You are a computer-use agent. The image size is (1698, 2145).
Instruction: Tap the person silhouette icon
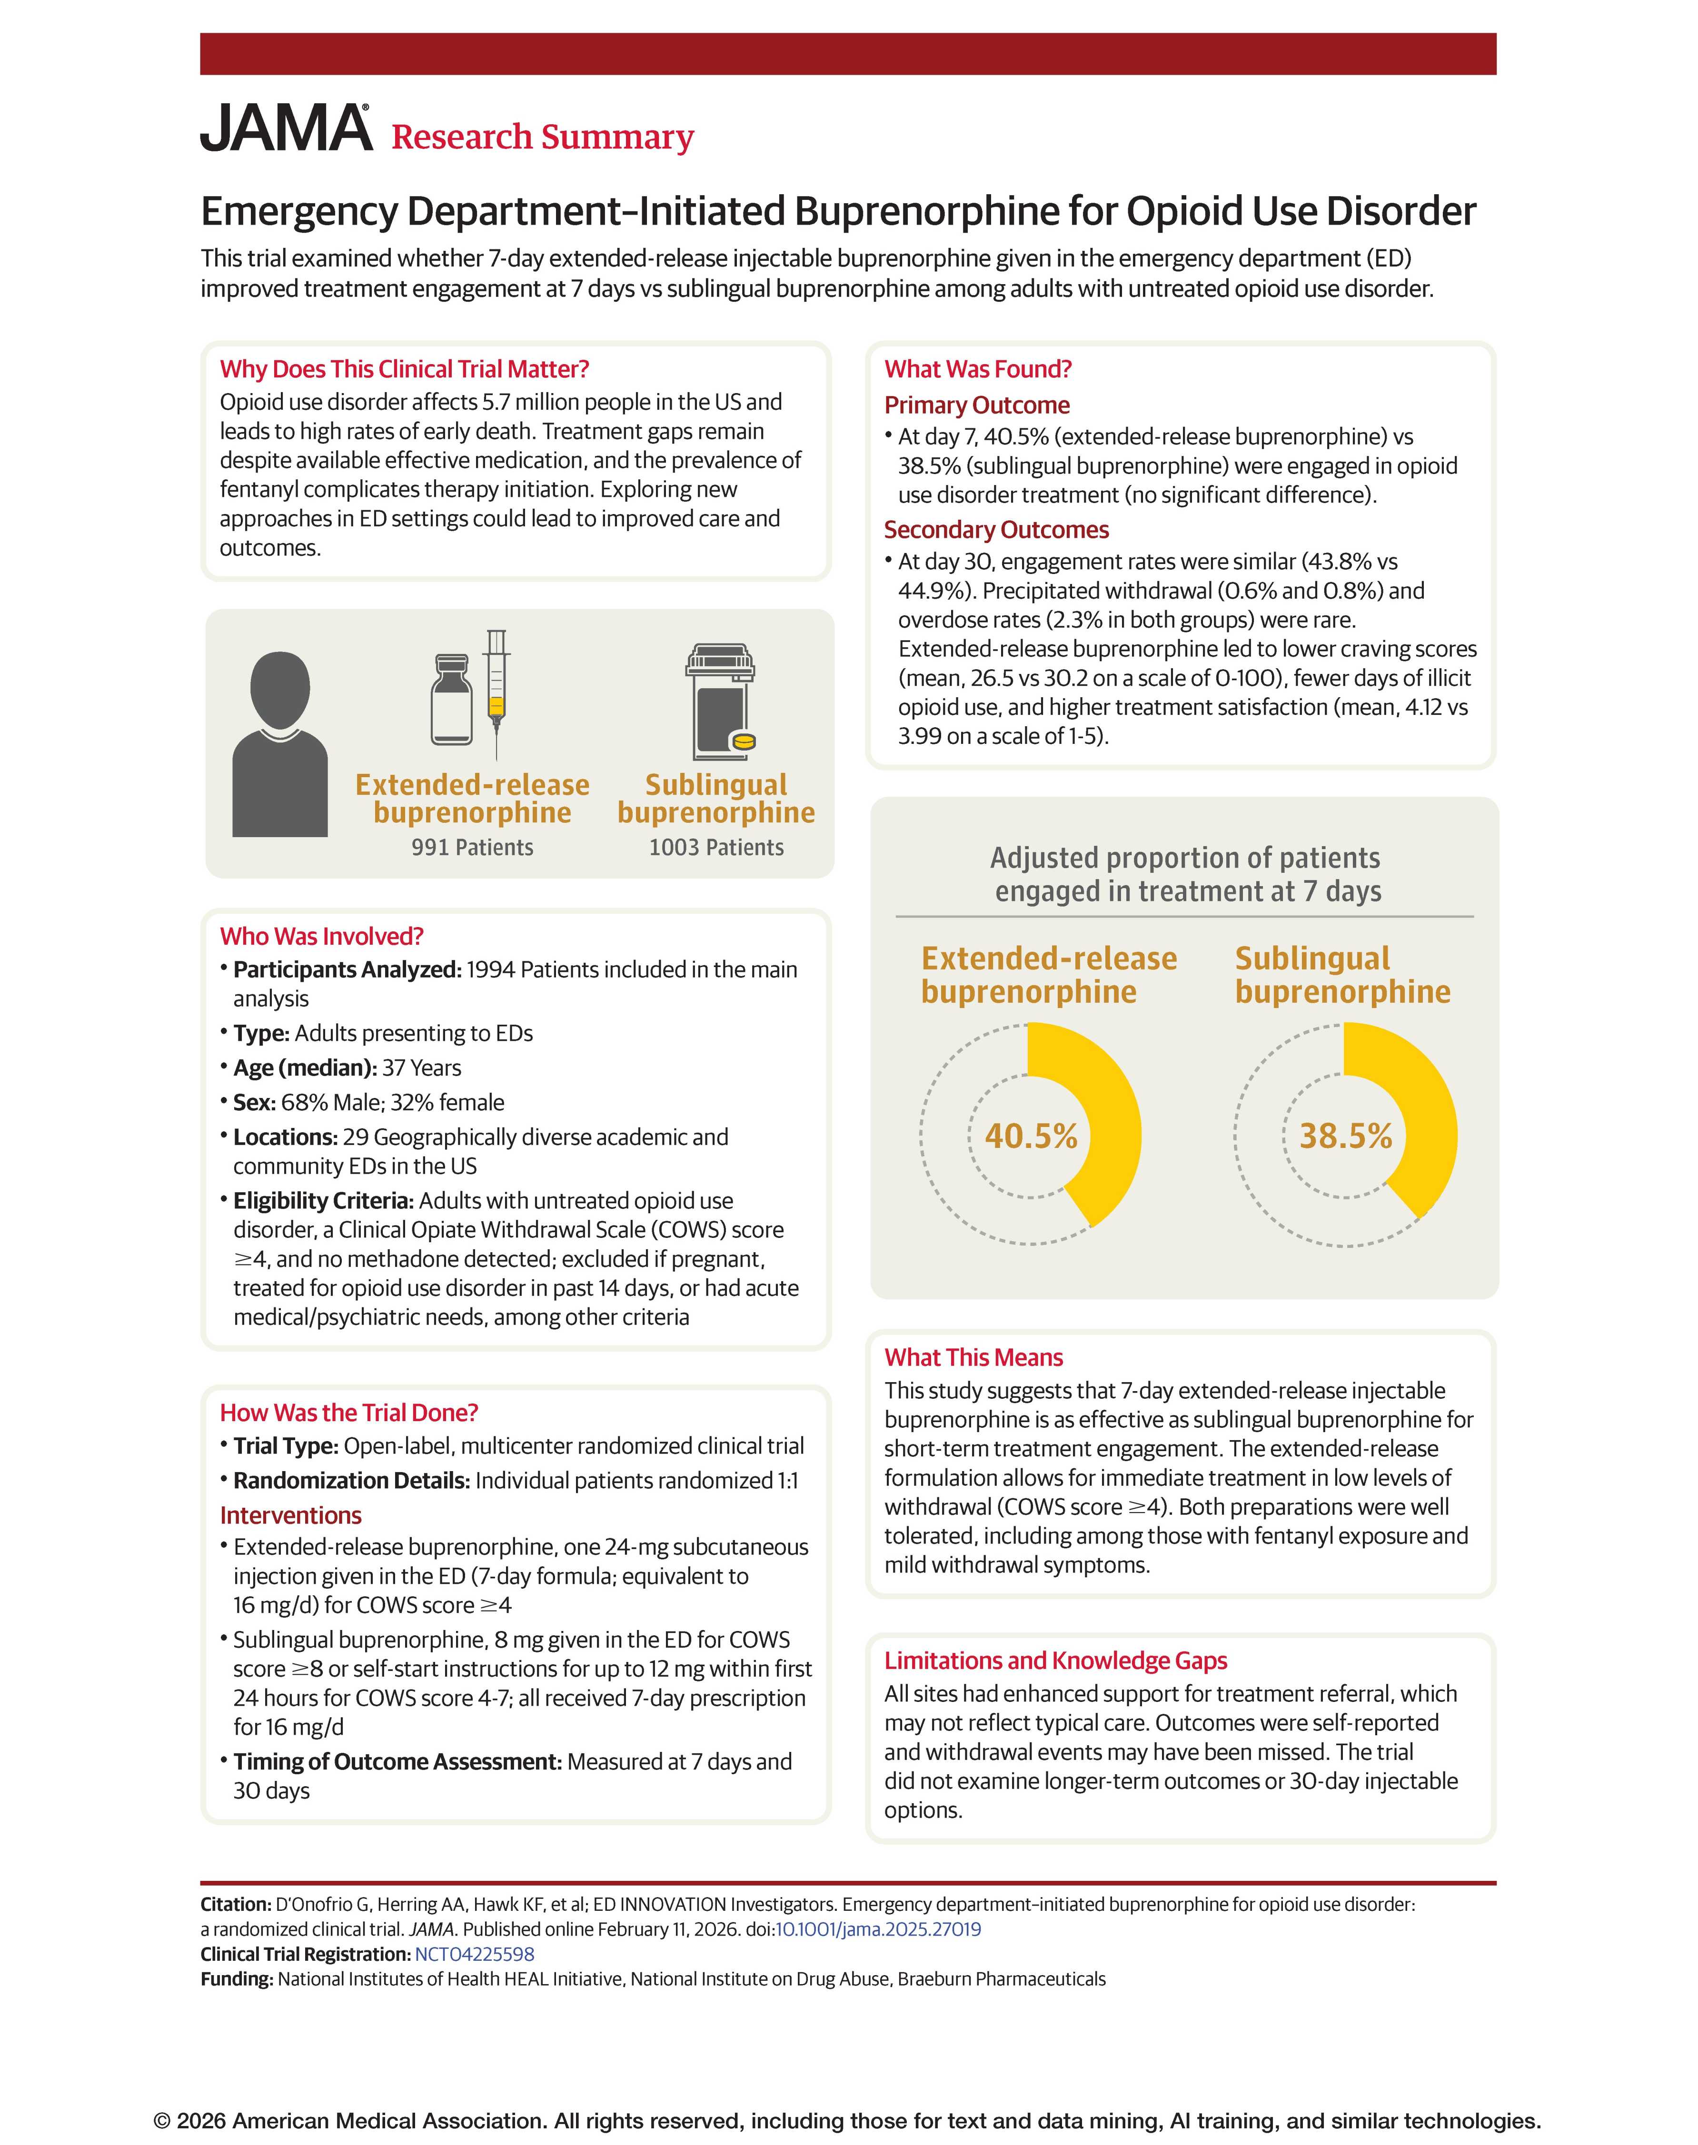click(279, 743)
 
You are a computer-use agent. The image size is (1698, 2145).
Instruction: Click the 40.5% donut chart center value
click(1031, 1135)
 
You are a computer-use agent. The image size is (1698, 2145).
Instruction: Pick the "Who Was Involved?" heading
click(322, 936)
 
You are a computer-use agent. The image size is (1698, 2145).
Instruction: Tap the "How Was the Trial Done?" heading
click(349, 1413)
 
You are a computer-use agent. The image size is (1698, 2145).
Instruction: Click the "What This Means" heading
click(973, 1358)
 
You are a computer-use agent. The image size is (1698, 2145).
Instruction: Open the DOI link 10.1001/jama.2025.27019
click(878, 1929)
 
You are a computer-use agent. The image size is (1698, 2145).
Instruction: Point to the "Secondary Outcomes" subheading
click(996, 530)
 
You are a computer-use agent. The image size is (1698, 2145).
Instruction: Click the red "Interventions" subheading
click(290, 1515)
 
